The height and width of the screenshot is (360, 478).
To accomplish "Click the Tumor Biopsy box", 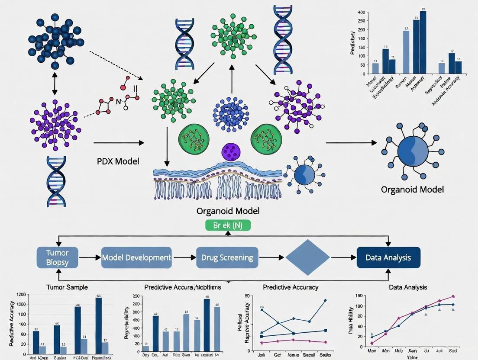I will click(58, 257).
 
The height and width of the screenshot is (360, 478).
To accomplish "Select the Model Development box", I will click(136, 257).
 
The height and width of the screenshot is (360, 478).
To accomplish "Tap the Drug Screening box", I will click(227, 257).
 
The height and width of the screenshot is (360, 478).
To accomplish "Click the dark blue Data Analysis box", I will click(388, 257).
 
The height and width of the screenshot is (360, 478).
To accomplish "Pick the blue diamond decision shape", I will click(307, 257).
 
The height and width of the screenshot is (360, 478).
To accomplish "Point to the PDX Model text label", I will click(118, 161).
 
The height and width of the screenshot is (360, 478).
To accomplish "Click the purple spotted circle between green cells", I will click(231, 152).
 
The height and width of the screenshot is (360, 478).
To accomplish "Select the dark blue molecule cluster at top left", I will click(55, 40).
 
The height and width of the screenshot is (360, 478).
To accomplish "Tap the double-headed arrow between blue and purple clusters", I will click(55, 86).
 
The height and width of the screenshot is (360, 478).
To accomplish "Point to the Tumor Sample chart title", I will click(67, 287).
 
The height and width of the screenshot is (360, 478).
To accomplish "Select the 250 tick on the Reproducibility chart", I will click(135, 296).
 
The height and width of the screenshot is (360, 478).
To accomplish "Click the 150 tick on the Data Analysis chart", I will click(358, 296).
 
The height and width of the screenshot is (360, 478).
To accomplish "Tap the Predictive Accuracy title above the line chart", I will click(291, 287).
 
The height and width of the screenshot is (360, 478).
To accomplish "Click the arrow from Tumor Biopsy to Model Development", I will click(91, 257).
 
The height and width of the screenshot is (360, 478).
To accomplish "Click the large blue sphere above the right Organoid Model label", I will click(413, 151).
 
